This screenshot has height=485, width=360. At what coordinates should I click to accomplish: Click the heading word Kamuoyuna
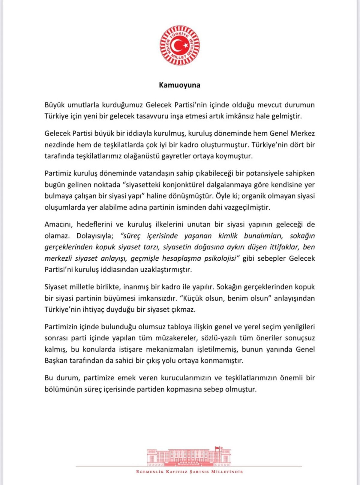pos(179,85)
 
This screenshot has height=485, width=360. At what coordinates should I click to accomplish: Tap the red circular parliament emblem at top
pos(180,45)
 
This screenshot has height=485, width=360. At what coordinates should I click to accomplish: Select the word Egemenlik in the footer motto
pos(150,472)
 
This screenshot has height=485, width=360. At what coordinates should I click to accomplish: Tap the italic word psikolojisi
pos(221,258)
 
